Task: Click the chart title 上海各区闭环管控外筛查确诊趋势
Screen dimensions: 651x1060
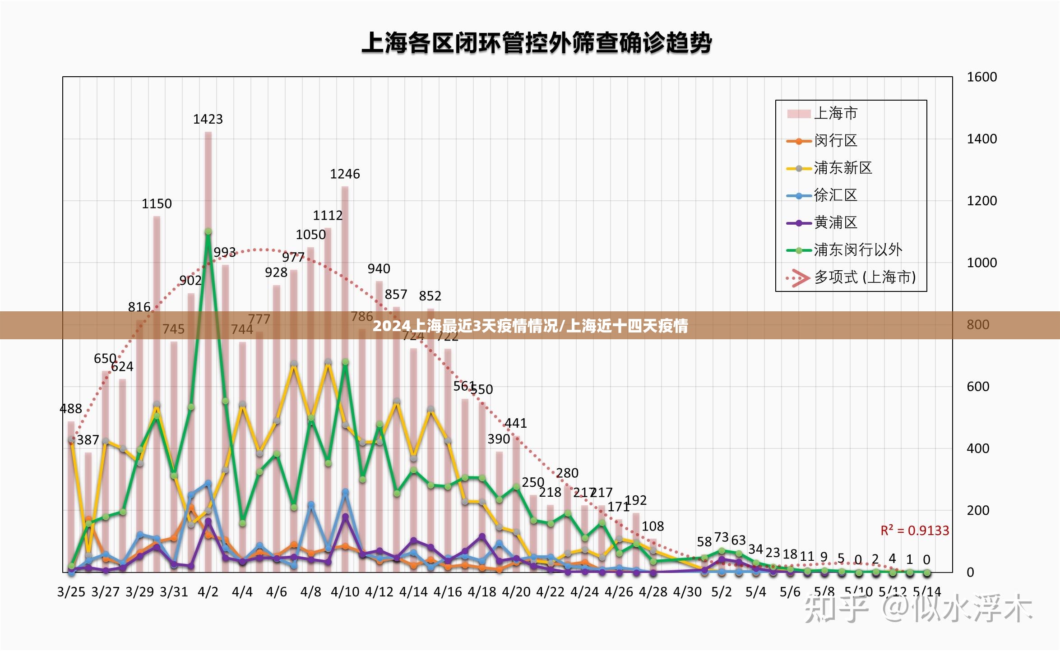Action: pos(537,43)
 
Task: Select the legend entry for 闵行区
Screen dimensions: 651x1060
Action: pos(835,141)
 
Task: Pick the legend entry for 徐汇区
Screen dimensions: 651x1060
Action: pos(835,195)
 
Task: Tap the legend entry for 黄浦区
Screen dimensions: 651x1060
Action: pos(835,222)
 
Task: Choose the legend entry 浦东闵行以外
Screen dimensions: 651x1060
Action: pos(857,250)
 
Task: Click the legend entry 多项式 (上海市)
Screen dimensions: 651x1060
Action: pos(864,277)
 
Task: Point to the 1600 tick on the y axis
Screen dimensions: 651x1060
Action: pos(981,77)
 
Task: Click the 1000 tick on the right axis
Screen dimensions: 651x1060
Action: pos(981,263)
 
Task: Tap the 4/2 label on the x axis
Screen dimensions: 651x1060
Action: pos(208,592)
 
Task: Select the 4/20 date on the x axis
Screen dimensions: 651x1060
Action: pos(516,592)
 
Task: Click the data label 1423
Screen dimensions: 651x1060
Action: pos(208,119)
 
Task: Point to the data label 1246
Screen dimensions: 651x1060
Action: pos(345,174)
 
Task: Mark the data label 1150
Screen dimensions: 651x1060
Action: pos(157,204)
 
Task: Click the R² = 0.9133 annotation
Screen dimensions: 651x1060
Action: pos(915,531)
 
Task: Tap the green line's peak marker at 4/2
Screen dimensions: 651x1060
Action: pos(208,231)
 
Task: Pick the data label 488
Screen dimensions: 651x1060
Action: pos(71,409)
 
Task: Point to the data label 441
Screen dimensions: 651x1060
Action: pos(515,423)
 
